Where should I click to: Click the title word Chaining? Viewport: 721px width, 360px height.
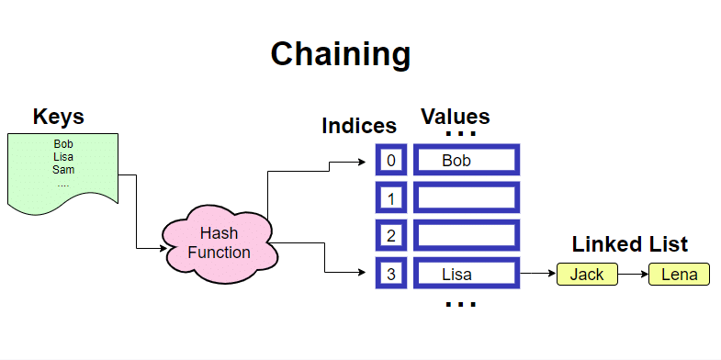coord(340,54)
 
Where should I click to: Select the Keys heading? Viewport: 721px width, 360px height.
coord(58,118)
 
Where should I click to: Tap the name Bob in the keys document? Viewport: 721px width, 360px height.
coord(63,144)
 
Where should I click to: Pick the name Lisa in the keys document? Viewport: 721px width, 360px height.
coord(63,157)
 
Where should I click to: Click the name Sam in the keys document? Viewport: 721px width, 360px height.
coord(63,170)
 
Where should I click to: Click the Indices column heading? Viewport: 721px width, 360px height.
coord(359,127)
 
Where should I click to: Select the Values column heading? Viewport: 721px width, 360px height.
coord(455,118)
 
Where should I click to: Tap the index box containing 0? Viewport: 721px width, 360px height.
coord(391,161)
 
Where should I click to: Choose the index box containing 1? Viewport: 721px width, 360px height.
coord(391,198)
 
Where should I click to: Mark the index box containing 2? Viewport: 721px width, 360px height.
coord(391,236)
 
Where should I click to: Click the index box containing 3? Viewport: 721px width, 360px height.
coord(391,273)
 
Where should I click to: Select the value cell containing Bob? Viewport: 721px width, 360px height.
coord(467,161)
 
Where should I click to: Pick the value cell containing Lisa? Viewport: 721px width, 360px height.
coord(467,273)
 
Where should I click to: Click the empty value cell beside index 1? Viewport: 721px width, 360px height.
coord(467,198)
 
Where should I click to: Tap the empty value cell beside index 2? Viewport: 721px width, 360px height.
coord(467,236)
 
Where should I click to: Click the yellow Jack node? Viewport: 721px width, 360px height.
coord(587,274)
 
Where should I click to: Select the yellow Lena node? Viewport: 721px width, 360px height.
coord(679,274)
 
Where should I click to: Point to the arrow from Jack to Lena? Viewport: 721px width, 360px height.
coord(632,274)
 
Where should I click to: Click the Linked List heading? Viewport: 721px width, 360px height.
coord(630,244)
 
